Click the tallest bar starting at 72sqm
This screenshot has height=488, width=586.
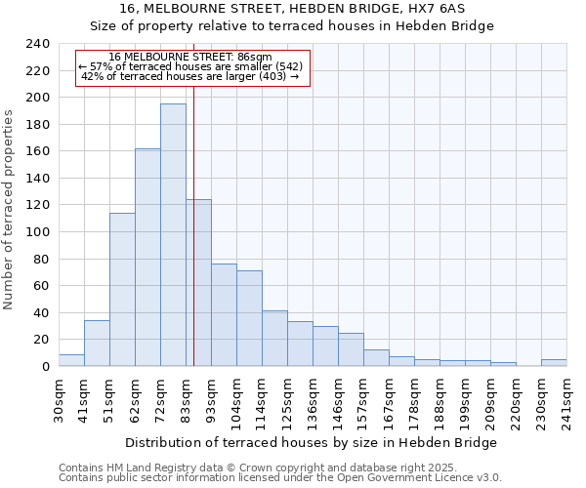click(173, 234)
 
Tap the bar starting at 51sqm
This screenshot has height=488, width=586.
click(122, 289)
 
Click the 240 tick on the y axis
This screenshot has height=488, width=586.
click(38, 44)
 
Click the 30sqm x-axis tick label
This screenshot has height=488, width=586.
click(59, 397)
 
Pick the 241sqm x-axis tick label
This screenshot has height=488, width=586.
click(566, 399)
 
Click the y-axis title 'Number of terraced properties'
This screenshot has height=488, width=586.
click(9, 209)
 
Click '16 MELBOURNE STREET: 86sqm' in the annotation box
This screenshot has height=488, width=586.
click(190, 58)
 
